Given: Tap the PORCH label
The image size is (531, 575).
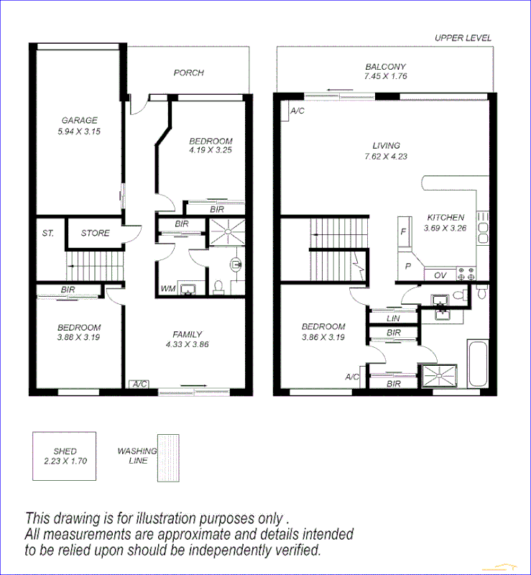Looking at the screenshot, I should click(188, 73).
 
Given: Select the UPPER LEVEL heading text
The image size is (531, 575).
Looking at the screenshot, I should click(463, 38).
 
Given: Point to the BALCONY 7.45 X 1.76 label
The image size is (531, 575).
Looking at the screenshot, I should click(385, 71).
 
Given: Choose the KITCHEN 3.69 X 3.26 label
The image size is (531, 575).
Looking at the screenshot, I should click(445, 222).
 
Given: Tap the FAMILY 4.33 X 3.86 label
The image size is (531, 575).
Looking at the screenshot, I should click(187, 339).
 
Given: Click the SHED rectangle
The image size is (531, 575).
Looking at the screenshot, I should click(65, 456).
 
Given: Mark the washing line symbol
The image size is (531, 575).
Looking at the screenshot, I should click(169, 456).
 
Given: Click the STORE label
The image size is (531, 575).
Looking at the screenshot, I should click(95, 233).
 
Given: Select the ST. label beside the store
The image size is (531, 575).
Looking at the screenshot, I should click(47, 233).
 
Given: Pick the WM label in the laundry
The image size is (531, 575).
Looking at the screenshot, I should click(167, 288).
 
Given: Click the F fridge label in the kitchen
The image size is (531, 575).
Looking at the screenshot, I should click(404, 232).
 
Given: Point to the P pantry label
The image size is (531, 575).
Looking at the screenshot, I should click(408, 265).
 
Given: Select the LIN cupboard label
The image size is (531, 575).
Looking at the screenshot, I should click(392, 318).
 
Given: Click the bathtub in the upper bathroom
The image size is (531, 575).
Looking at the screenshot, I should click(477, 364).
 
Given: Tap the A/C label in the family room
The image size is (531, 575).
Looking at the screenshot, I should click(139, 384).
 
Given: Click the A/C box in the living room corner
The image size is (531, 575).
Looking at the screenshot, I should click(296, 111).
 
